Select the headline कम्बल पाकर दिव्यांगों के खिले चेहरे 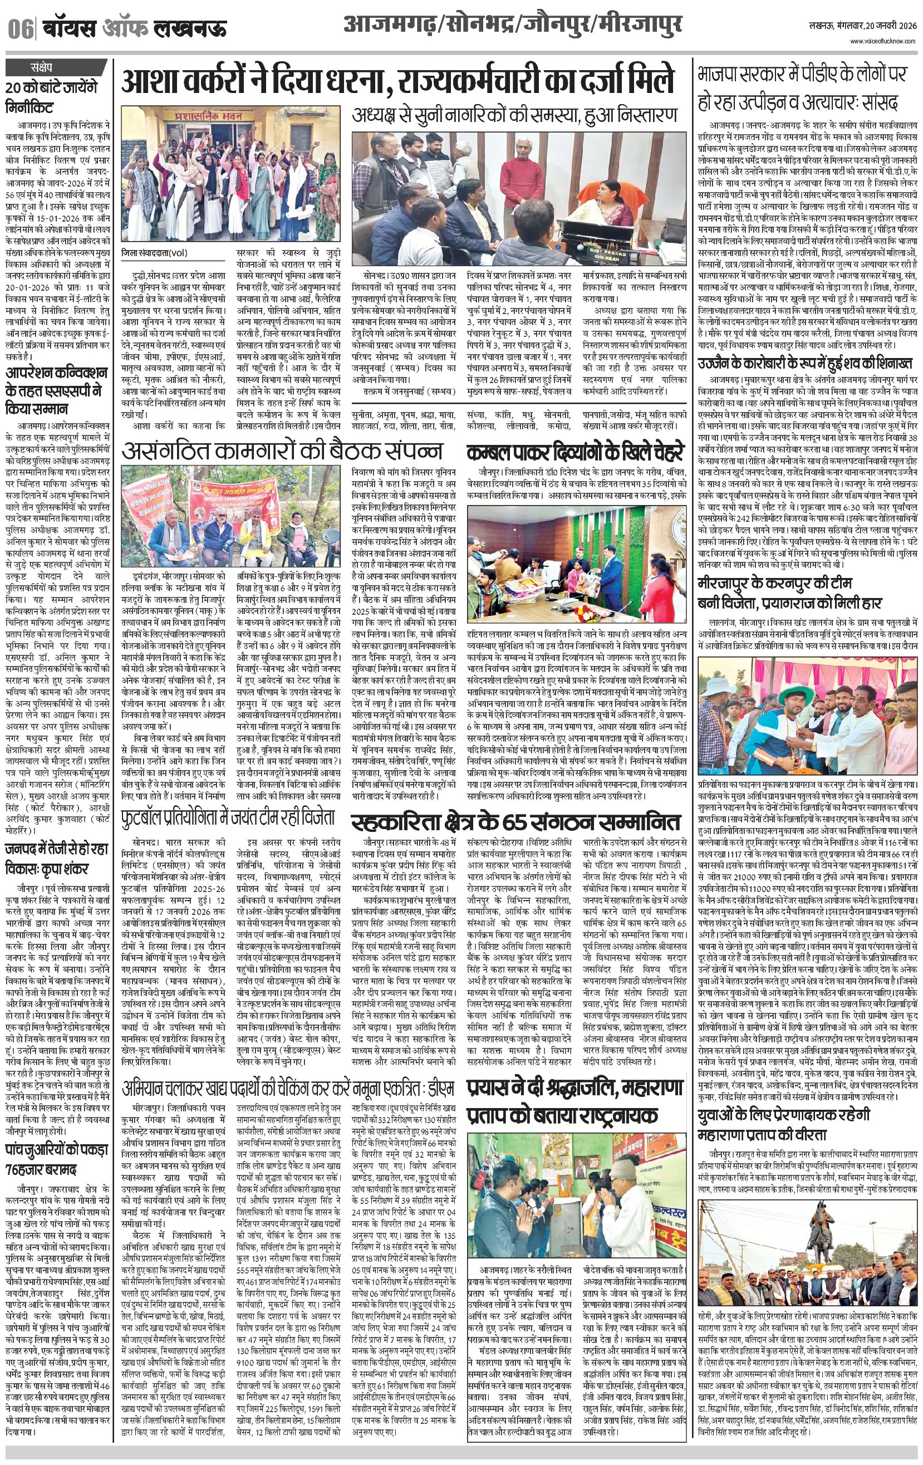click(576, 453)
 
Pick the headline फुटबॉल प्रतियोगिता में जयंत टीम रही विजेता click(228, 815)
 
